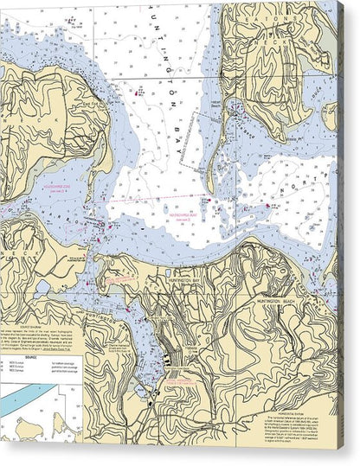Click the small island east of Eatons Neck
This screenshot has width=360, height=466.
(x=329, y=115)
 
